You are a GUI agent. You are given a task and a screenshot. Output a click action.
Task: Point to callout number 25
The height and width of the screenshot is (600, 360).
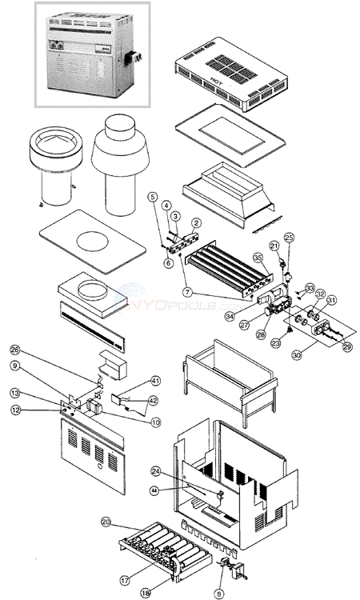290,238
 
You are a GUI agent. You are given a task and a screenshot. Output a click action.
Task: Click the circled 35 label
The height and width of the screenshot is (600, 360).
258,257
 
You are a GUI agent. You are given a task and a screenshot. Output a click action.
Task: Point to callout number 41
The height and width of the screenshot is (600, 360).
156,382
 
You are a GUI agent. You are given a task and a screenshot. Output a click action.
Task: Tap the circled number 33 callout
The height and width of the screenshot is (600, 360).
310,286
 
